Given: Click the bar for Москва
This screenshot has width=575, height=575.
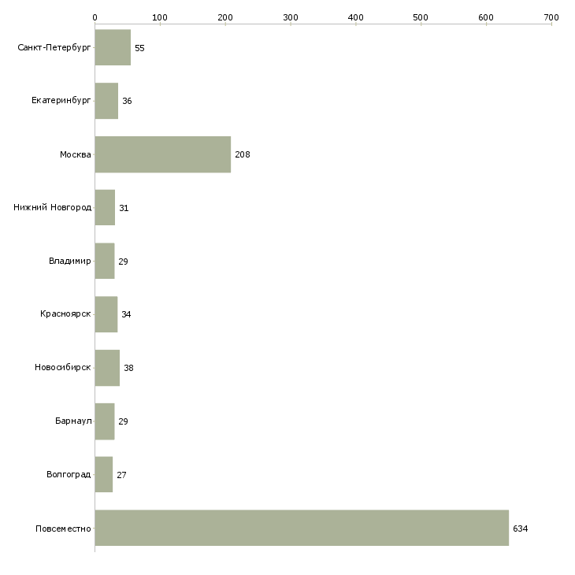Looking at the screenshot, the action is click(163, 154).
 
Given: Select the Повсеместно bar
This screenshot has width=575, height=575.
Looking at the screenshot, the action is click(302, 528).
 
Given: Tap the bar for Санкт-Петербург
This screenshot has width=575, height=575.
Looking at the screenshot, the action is click(113, 47).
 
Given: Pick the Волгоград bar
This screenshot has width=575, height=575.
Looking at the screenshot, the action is click(104, 474).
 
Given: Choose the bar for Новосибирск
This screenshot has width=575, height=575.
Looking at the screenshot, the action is click(107, 367).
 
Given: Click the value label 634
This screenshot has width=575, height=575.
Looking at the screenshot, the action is click(521, 529).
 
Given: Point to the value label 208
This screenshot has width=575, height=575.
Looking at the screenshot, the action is click(243, 154).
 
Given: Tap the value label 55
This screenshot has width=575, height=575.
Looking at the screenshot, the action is click(139, 48).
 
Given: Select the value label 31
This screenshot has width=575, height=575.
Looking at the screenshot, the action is click(124, 208).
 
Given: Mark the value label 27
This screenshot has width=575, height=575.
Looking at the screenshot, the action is click(122, 475).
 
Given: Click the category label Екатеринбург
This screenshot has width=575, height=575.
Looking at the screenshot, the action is click(61, 101).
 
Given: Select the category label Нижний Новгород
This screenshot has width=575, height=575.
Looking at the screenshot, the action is click(52, 207).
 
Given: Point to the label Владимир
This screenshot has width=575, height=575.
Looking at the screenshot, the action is click(69, 261).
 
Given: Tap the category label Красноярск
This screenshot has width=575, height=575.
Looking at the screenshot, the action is click(65, 314).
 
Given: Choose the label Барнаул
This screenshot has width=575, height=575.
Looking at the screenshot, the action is click(73, 421).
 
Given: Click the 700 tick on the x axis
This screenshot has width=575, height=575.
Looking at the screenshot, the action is click(551, 17).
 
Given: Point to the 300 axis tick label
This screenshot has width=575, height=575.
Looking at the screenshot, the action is click(291, 17).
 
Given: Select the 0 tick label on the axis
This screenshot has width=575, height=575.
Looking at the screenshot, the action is click(95, 17).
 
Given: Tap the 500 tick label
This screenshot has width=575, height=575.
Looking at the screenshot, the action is click(421, 17).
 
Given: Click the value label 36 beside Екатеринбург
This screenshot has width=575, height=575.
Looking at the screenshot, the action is click(127, 101).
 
